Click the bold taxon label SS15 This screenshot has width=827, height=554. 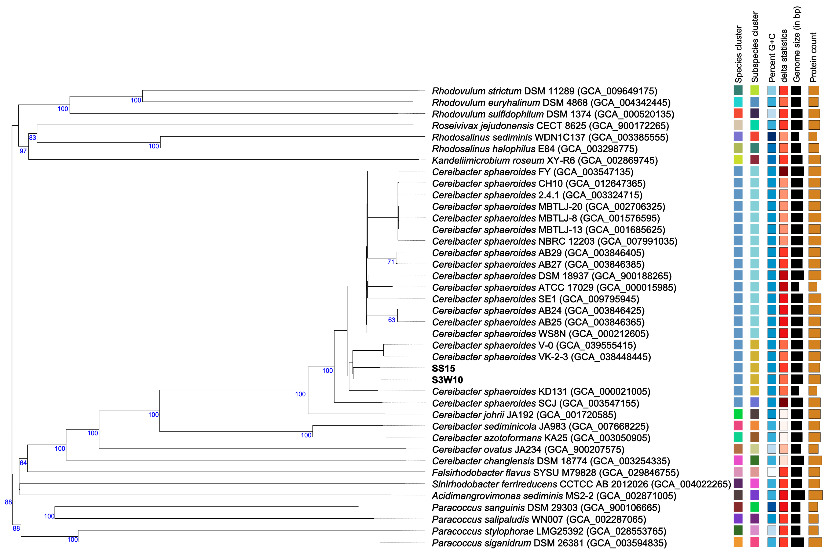coord(443,368)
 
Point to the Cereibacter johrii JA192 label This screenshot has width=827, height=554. coord(524,415)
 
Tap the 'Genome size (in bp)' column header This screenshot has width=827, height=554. coord(797,44)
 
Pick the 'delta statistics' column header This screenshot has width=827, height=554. coord(784,56)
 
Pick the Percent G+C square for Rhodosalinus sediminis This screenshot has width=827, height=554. coord(772,137)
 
